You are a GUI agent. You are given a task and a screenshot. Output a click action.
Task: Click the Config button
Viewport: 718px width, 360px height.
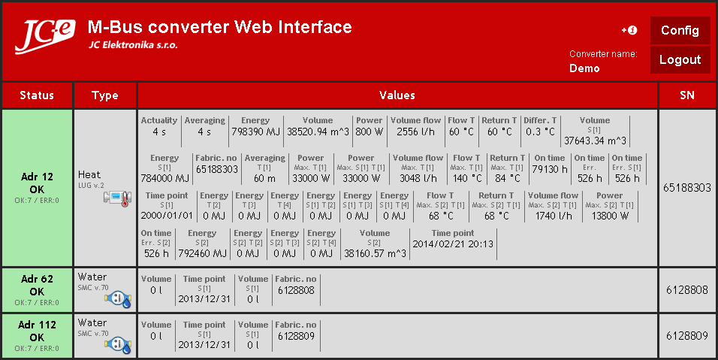680,31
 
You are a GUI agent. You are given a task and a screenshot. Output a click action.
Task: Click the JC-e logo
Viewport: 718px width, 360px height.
44,36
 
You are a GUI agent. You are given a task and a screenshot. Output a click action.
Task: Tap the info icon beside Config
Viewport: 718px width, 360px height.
629,30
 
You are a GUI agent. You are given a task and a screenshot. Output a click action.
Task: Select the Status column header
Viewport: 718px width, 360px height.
37,95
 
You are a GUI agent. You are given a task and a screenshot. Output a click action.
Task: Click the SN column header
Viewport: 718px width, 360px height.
687,95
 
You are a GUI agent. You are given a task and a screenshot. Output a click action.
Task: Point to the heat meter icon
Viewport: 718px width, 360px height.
118,198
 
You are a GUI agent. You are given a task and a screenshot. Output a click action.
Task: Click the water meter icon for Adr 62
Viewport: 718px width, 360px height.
118,299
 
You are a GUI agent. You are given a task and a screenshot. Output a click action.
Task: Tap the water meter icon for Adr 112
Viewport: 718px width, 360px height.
118,345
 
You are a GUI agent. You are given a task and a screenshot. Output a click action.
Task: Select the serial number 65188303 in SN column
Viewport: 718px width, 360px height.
687,188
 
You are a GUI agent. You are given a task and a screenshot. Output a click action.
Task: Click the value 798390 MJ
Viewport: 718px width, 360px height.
255,132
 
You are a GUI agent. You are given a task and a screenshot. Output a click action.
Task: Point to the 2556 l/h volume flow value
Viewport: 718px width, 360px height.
415,132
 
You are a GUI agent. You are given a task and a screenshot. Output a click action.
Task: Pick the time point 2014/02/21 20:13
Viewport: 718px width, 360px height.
453,244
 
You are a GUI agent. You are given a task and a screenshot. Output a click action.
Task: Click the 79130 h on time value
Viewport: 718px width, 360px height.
550,169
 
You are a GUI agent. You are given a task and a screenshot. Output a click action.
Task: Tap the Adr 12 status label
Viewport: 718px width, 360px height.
37,177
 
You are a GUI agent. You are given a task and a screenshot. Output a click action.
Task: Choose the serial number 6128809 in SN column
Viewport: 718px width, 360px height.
687,336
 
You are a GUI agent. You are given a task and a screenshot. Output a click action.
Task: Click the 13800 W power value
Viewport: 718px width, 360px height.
610,216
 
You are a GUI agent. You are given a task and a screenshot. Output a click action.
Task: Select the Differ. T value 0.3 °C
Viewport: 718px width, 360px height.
540,132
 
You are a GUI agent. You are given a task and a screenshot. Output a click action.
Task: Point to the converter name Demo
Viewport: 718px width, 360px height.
584,68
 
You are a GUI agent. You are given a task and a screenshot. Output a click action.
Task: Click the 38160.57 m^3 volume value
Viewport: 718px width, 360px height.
375,253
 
